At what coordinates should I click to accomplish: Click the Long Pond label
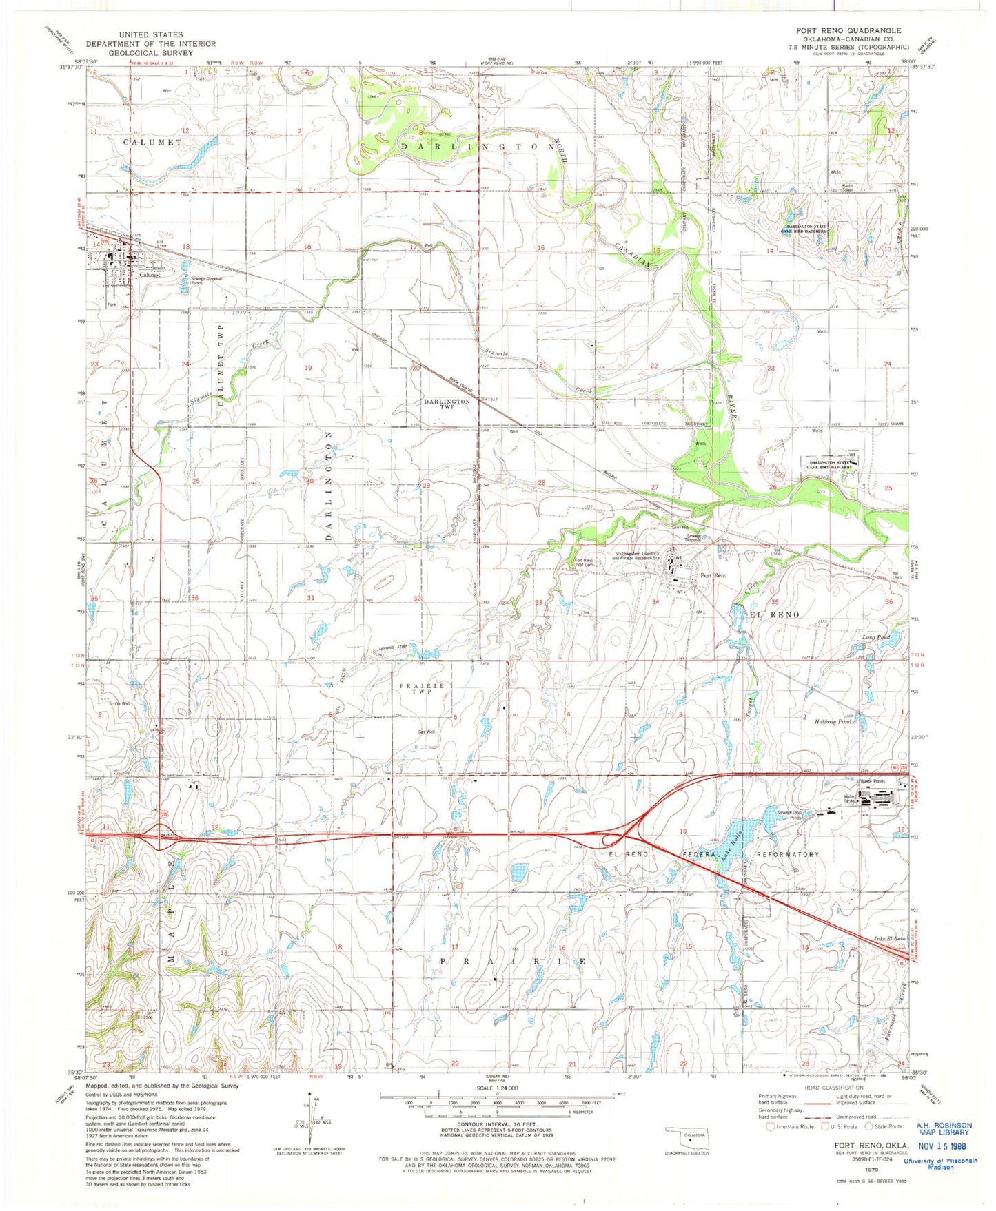pyautogui.click(x=876, y=638)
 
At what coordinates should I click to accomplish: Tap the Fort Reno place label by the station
pyautogui.click(x=713, y=575)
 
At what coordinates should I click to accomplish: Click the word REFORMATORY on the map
pyautogui.click(x=789, y=854)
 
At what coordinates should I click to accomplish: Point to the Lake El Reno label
pyautogui.click(x=889, y=939)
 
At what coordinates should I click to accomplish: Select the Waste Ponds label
pyautogui.click(x=872, y=781)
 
